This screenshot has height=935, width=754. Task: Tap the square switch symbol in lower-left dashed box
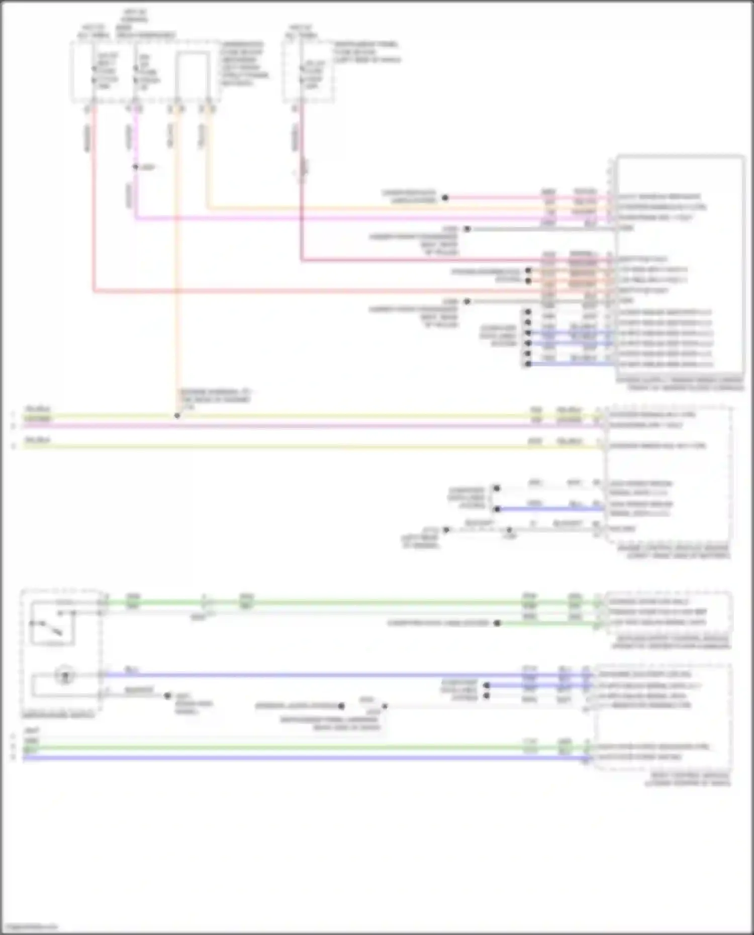(x=53, y=622)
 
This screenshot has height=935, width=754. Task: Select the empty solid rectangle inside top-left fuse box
(x=193, y=75)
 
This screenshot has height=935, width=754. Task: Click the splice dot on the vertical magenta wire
(x=135, y=167)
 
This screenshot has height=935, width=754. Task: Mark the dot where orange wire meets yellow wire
(x=177, y=416)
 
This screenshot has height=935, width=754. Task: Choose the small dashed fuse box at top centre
(x=308, y=72)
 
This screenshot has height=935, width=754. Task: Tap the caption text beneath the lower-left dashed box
(x=58, y=714)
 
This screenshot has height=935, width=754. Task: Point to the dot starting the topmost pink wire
(x=445, y=198)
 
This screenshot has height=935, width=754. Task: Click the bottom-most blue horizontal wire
(x=302, y=758)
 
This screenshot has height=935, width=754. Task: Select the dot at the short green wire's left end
(x=497, y=624)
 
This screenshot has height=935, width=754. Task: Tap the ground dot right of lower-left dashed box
(x=168, y=696)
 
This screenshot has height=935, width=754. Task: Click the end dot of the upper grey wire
(x=467, y=229)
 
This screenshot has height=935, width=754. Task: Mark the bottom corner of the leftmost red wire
(x=94, y=290)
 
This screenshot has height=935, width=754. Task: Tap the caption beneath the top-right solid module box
(x=680, y=384)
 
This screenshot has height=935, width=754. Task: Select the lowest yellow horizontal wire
(x=302, y=446)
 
